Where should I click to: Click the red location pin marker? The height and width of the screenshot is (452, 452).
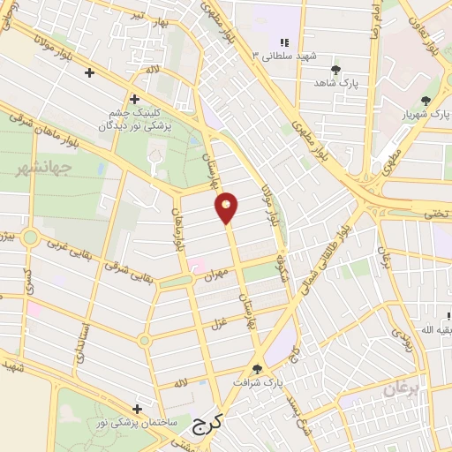pyautogui.click(x=227, y=207)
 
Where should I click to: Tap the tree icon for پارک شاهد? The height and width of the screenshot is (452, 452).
pyautogui.click(x=335, y=69)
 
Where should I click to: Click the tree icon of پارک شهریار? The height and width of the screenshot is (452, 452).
pyautogui.click(x=426, y=102)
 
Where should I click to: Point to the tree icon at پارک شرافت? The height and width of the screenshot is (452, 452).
pyautogui.click(x=258, y=369)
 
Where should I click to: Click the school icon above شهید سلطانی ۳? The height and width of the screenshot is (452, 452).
pyautogui.click(x=284, y=42)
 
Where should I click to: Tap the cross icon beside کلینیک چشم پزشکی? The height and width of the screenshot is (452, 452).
pyautogui.click(x=134, y=99)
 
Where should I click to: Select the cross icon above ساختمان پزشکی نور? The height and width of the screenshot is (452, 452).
pyautogui.click(x=137, y=409)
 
